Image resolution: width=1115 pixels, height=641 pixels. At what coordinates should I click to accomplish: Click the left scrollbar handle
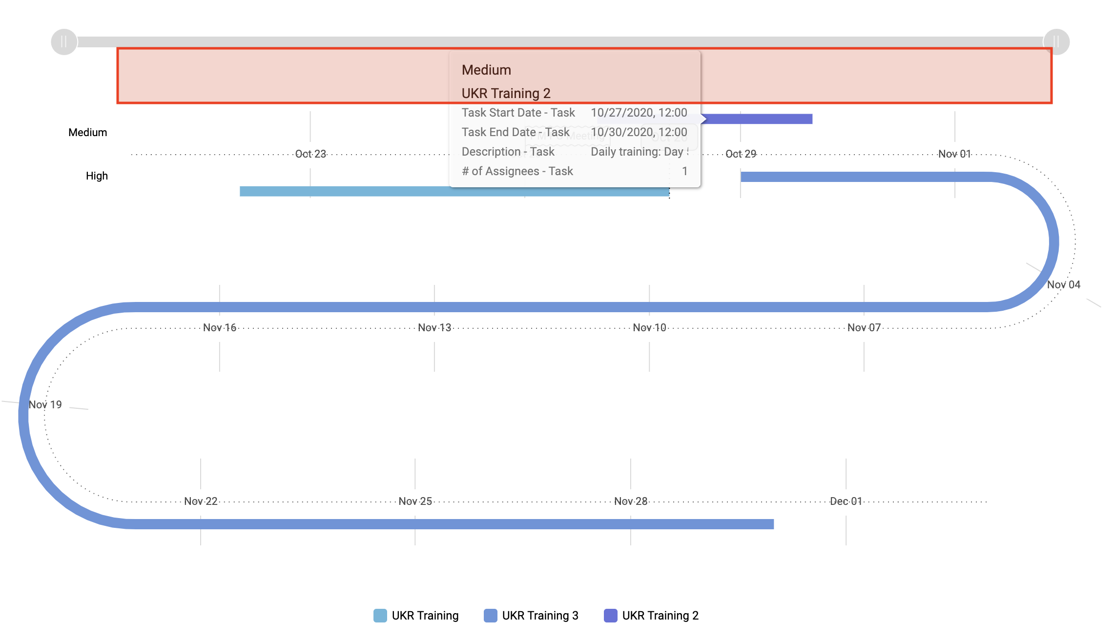(x=64, y=42)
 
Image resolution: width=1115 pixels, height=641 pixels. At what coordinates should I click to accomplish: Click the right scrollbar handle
(x=1056, y=42)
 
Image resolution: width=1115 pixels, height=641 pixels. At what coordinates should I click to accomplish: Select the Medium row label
(x=87, y=132)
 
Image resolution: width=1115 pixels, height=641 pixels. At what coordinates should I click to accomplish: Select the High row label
(x=97, y=176)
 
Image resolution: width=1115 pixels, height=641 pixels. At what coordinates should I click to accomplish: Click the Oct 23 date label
(x=310, y=154)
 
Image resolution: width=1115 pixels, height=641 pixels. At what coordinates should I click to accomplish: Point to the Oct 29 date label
(x=741, y=154)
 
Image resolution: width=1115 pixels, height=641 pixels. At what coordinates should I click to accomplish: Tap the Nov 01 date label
(x=954, y=154)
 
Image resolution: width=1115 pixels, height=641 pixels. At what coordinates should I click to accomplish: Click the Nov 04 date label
(x=1063, y=284)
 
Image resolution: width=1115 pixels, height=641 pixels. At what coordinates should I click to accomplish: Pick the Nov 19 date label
(x=45, y=404)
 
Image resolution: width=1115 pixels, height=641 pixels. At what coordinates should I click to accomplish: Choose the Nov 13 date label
(x=434, y=328)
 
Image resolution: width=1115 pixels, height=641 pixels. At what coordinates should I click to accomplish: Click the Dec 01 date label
(x=846, y=501)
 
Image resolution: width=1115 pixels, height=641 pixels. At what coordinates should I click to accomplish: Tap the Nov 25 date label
(x=415, y=501)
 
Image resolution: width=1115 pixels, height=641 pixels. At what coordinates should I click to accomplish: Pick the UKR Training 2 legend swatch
(x=610, y=616)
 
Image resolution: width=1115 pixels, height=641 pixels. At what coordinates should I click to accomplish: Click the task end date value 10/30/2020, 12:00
(x=639, y=132)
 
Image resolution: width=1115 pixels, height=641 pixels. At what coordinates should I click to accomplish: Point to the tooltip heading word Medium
(x=486, y=70)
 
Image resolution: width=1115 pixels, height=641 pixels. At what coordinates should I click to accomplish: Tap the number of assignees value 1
(x=684, y=171)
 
